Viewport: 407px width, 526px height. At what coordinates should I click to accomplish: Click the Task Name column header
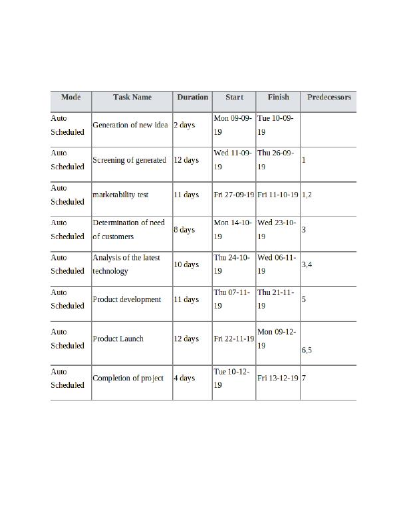pyautogui.click(x=132, y=97)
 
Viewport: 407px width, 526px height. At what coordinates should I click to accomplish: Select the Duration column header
pyautogui.click(x=192, y=97)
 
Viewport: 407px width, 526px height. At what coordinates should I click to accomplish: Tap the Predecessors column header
pyautogui.click(x=329, y=97)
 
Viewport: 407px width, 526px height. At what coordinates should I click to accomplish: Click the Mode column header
pyautogui.click(x=70, y=97)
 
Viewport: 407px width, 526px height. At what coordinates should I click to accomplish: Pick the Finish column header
pyautogui.click(x=278, y=97)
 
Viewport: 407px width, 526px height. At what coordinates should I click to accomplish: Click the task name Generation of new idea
pyautogui.click(x=130, y=125)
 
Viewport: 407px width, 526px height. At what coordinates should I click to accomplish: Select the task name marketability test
pyautogui.click(x=120, y=195)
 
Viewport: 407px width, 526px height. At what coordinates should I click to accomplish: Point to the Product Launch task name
pyautogui.click(x=118, y=339)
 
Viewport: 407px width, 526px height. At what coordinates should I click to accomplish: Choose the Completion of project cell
pyautogui.click(x=128, y=378)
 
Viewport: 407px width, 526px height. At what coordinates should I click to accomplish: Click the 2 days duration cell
pyautogui.click(x=184, y=125)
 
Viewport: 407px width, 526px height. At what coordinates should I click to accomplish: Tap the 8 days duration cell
pyautogui.click(x=184, y=230)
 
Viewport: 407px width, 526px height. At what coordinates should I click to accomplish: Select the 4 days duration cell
pyautogui.click(x=184, y=378)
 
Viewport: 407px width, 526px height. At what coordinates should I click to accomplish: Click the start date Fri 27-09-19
pyautogui.click(x=234, y=195)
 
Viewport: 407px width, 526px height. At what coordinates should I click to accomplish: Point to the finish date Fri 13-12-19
pyautogui.click(x=278, y=378)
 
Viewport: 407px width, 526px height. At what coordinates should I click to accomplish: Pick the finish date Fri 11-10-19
pyautogui.click(x=278, y=195)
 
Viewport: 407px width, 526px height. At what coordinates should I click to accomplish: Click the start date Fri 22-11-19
pyautogui.click(x=234, y=339)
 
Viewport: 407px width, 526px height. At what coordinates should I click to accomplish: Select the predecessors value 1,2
pyautogui.click(x=307, y=195)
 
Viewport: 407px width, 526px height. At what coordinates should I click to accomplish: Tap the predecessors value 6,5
pyautogui.click(x=307, y=350)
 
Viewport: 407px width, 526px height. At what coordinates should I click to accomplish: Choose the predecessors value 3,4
pyautogui.click(x=307, y=264)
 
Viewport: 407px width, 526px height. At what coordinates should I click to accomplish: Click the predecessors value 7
pyautogui.click(x=304, y=378)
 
